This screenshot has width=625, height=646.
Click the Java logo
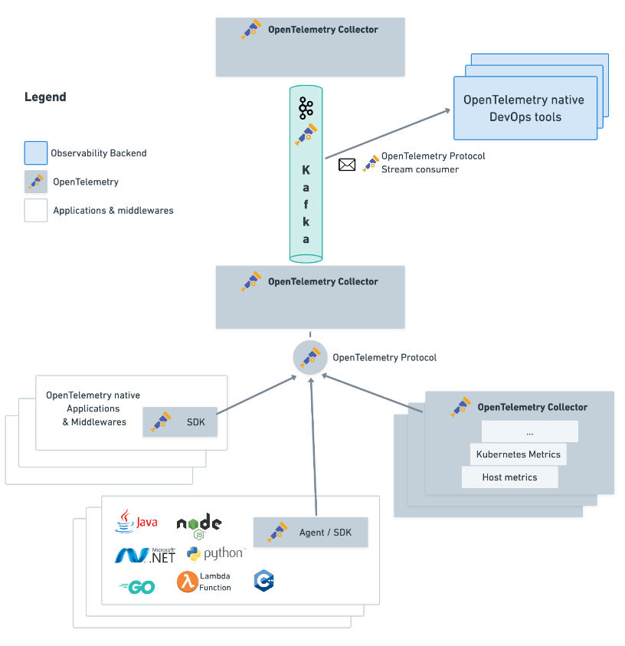coord(136,522)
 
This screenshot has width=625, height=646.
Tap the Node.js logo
coord(198,526)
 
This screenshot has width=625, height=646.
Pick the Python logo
coord(215,554)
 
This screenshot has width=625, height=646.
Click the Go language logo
coord(138,587)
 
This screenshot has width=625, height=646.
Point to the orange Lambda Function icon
coord(188,582)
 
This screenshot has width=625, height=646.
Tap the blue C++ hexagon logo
coord(264,581)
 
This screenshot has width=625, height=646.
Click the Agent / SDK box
coord(310,532)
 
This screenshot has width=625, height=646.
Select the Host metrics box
coord(509,477)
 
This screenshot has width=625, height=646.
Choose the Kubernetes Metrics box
coord(518,454)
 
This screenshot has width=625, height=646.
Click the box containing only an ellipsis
coord(529,431)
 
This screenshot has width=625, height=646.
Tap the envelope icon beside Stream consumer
coord(347,164)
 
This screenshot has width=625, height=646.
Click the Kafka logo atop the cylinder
coord(306,108)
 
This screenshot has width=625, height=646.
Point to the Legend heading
coord(45,97)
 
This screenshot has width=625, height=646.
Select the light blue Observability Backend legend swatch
coord(36,153)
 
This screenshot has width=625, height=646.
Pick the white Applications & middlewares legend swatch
coord(36,210)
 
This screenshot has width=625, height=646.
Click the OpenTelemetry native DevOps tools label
coord(525,108)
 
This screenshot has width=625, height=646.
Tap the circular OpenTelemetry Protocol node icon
coord(309,357)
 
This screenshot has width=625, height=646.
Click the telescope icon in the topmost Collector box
coord(251,30)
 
